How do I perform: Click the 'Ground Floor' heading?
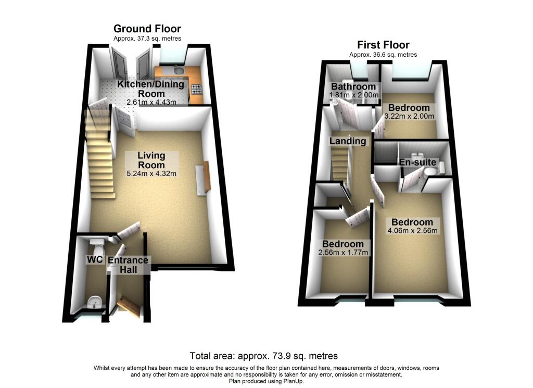pos(147,29)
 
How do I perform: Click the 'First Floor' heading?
pos(383,45)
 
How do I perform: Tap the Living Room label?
pos(151,160)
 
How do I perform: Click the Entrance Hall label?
pos(128,265)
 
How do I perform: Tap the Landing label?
pos(347,141)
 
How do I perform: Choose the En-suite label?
pos(417,162)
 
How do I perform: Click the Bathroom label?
pos(353,86)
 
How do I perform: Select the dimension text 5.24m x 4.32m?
pos(151,174)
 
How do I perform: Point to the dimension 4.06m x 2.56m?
pos(412,231)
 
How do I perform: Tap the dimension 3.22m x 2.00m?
pos(409,116)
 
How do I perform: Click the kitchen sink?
pos(177,70)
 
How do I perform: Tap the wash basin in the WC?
pos(94,301)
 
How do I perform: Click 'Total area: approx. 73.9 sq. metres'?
pos(264,356)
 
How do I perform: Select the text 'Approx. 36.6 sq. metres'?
pos(383,55)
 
